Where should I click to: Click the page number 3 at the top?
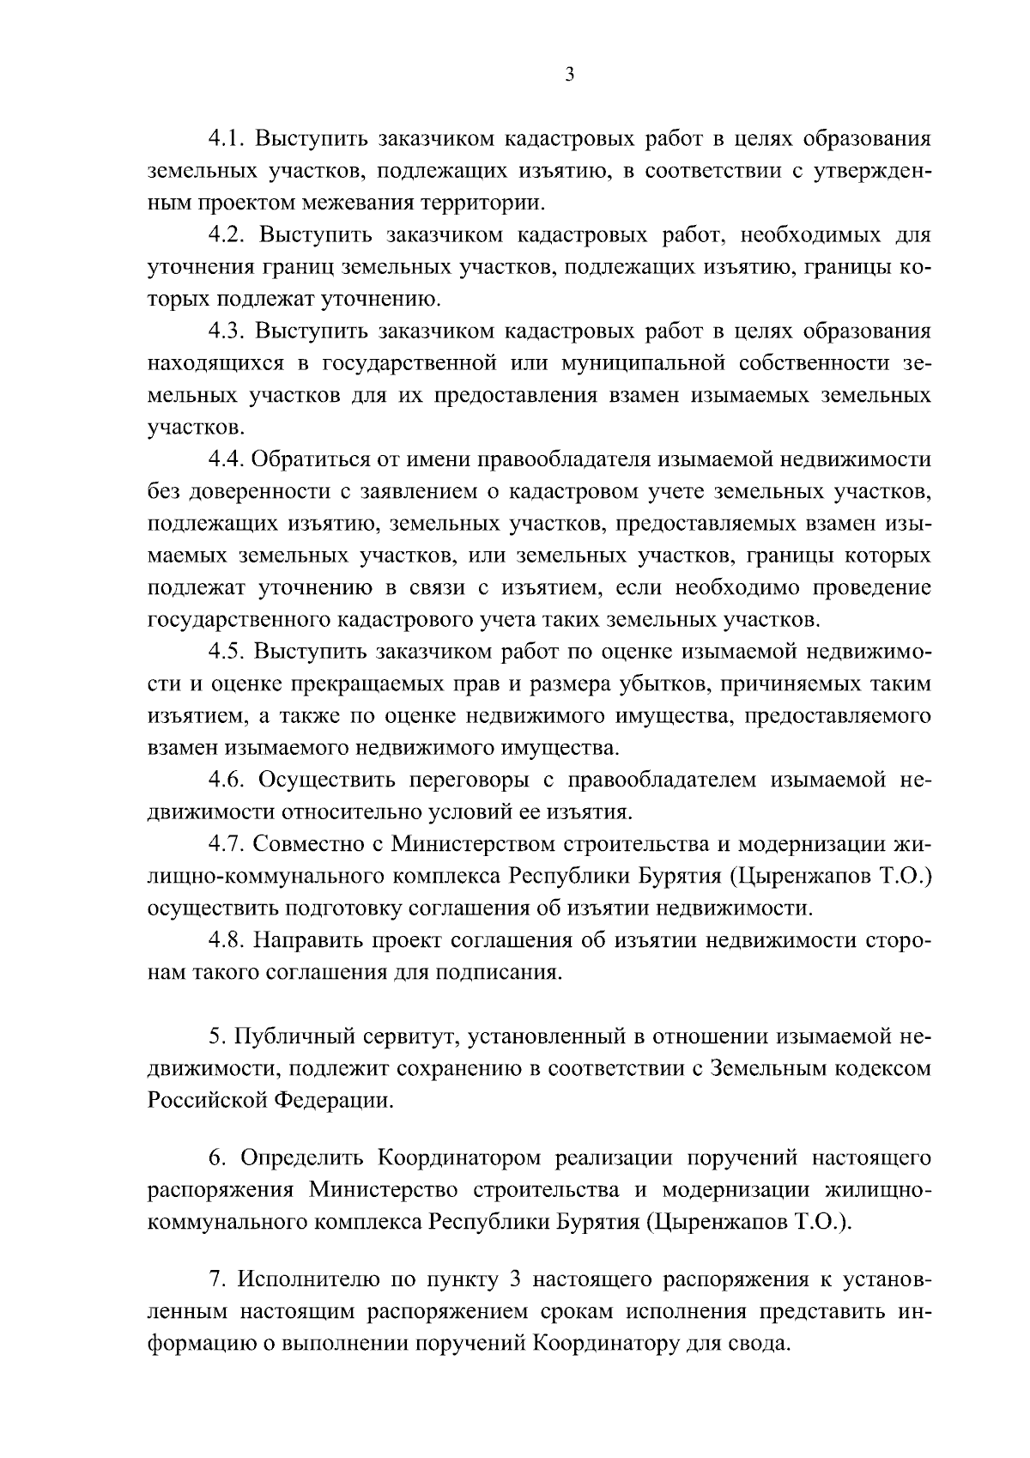[569, 76]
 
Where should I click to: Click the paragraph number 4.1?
[229, 138]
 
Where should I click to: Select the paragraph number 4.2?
[229, 234]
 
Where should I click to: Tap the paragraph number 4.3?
[229, 331]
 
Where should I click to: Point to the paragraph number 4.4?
[229, 459]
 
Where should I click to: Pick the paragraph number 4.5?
[229, 652]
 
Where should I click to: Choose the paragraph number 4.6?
[229, 780]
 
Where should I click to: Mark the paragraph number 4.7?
[229, 844]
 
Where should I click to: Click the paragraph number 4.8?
[229, 940]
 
